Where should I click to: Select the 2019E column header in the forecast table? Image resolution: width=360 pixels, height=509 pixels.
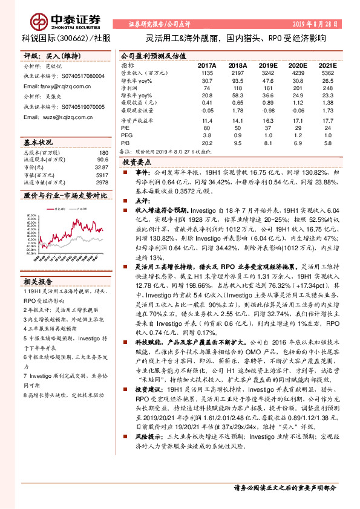click(267, 65)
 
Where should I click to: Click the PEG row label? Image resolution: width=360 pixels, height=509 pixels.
click(126, 136)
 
